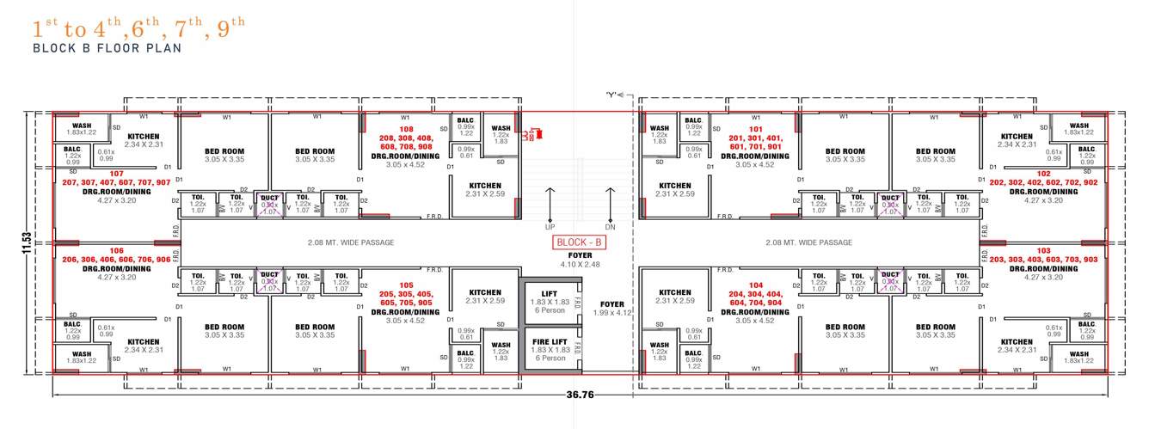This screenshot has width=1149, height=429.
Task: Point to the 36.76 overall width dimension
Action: point(577,395)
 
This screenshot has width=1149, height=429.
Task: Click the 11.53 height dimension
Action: point(27,242)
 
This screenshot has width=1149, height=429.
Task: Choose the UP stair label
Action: point(550,227)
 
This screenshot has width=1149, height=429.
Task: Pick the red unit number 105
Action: point(407,284)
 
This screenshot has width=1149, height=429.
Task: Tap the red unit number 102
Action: point(1043,173)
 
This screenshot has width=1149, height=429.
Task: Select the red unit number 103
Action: point(1043,249)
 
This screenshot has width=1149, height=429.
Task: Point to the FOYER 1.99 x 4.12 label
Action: point(611,309)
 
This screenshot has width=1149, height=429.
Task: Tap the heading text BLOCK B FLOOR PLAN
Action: point(107,49)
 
